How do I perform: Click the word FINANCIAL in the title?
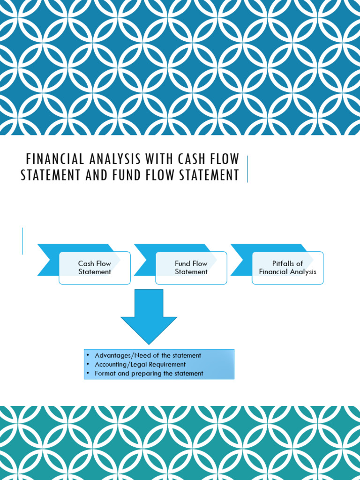(x=53, y=159)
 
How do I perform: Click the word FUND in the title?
(x=129, y=175)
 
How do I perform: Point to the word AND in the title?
(x=97, y=175)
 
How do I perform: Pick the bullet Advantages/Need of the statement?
(x=148, y=356)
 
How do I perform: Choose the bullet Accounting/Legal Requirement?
(x=140, y=365)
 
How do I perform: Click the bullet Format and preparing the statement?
(x=149, y=374)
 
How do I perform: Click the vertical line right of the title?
(x=247, y=169)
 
